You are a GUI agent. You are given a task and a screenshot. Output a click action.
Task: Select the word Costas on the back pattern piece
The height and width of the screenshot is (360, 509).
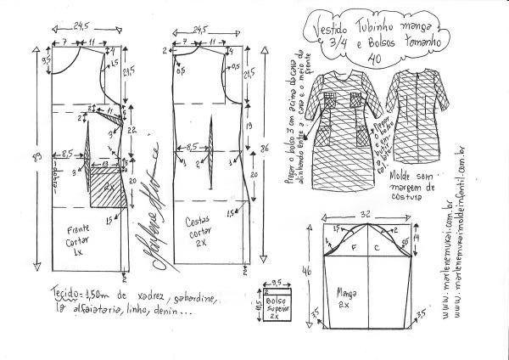pyautogui.click(x=200, y=222)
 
